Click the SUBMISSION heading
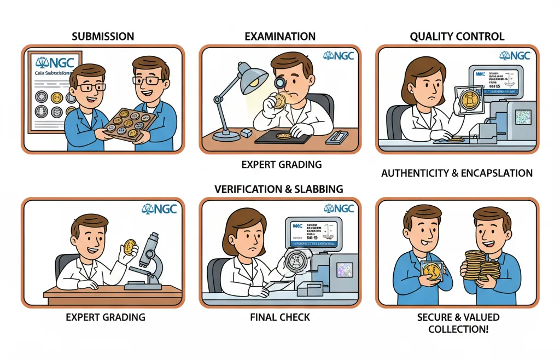pyautogui.click(x=103, y=37)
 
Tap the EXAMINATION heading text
pyautogui.click(x=280, y=37)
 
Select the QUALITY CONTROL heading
pyautogui.click(x=457, y=37)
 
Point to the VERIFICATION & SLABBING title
pyautogui.click(x=279, y=189)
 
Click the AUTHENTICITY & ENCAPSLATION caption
pyautogui.click(x=457, y=173)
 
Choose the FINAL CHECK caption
pyautogui.click(x=279, y=317)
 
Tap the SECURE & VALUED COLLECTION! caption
pyautogui.click(x=457, y=323)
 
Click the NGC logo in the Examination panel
pyautogui.click(x=339, y=55)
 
